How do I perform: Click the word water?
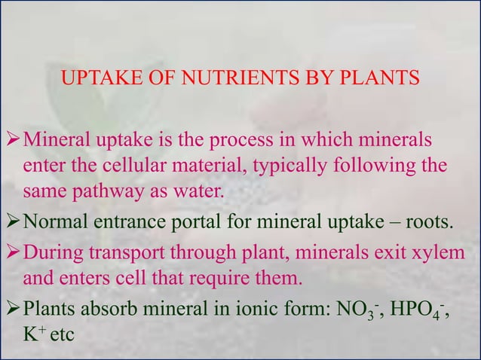(x=201, y=188)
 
